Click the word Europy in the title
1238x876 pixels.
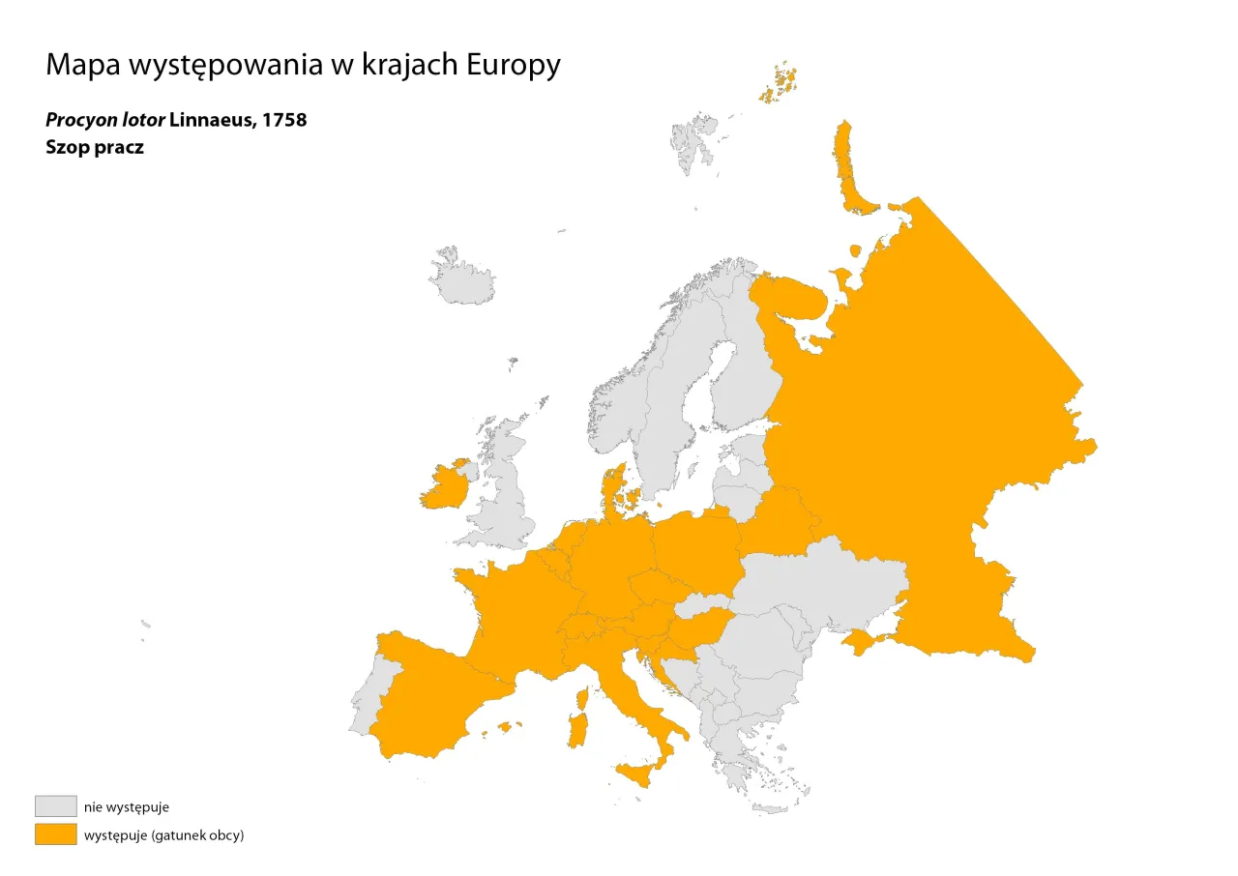point(513,66)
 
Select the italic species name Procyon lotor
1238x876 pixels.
point(104,121)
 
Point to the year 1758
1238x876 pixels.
point(284,121)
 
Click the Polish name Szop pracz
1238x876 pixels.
point(95,148)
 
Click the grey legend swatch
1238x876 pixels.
point(55,806)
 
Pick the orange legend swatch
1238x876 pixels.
point(55,834)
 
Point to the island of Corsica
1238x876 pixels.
point(583,698)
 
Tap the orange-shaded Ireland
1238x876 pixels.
point(443,488)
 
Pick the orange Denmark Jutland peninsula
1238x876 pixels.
point(613,488)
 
